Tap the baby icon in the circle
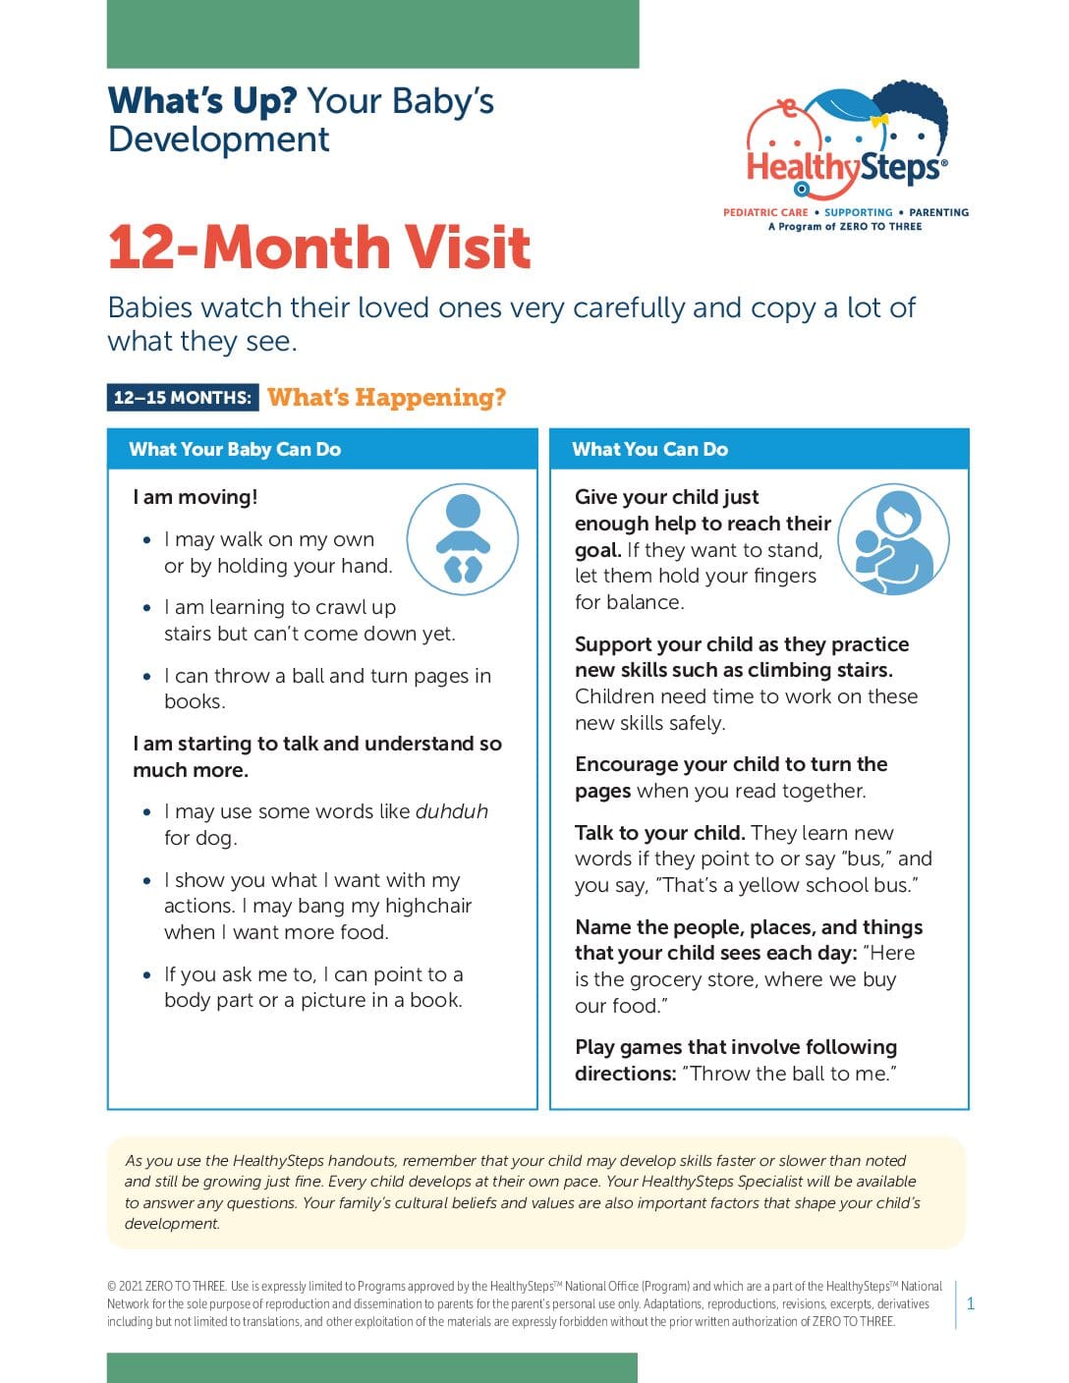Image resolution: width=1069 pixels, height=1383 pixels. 462,538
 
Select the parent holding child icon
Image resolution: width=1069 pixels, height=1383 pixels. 893,539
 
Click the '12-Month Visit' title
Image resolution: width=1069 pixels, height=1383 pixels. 319,247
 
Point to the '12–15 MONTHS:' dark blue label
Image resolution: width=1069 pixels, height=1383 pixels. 183,398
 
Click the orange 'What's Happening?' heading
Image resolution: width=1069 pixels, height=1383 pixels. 386,398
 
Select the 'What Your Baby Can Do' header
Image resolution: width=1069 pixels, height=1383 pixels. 235,450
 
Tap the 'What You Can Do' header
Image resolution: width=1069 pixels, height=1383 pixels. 649,450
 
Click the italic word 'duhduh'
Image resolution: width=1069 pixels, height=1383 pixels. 451,811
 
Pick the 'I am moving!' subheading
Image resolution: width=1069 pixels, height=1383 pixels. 196,497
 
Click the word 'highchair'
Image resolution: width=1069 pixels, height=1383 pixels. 427,906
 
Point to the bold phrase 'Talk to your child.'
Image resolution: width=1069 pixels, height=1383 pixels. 659,833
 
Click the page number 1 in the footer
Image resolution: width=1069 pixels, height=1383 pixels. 971,1304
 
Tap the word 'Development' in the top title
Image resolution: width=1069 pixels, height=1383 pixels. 218,139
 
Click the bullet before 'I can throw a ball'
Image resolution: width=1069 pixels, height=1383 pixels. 147,676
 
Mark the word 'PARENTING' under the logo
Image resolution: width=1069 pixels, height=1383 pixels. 938,212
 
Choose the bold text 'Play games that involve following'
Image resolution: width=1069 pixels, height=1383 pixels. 736,1047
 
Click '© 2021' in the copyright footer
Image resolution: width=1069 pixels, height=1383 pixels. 125,1287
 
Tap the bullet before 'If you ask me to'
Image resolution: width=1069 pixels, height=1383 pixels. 147,975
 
